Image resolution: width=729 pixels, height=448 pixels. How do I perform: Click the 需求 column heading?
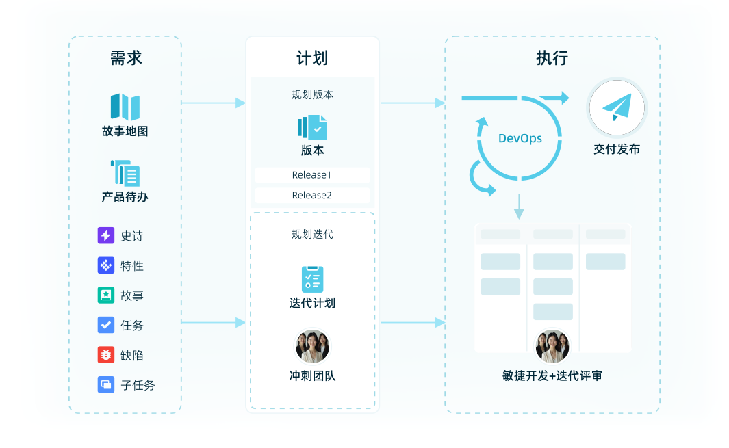[x=126, y=58]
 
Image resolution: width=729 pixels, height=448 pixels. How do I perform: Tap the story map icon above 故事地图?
[x=125, y=107]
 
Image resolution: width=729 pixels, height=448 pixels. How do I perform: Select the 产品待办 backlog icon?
[x=125, y=173]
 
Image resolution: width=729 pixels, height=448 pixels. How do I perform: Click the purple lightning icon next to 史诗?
[x=105, y=235]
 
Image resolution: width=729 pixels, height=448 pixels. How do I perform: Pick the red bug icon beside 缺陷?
[x=105, y=354]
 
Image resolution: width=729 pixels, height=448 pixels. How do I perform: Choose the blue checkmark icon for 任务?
[x=105, y=325]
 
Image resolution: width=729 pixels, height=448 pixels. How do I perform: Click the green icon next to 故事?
[x=105, y=295]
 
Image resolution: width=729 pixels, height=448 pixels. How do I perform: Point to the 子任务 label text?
[x=138, y=385]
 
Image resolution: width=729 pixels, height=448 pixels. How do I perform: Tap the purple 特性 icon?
[x=105, y=265]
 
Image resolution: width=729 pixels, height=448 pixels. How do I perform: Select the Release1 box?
[x=312, y=175]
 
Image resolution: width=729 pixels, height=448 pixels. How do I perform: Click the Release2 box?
[x=312, y=195]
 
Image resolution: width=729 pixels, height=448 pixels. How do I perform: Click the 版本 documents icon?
[x=312, y=127]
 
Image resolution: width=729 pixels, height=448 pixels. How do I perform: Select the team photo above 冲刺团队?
[x=312, y=346]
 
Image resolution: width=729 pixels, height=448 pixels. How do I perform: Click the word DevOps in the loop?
[x=520, y=138]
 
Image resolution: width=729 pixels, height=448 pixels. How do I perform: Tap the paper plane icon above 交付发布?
[x=617, y=108]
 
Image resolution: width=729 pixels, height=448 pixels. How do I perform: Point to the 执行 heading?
[x=552, y=58]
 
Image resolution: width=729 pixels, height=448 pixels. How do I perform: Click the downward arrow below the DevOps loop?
[x=518, y=206]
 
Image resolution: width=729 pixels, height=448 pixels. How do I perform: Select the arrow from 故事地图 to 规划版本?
[x=213, y=103]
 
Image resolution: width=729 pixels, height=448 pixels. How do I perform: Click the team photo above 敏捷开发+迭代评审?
[x=552, y=346]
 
